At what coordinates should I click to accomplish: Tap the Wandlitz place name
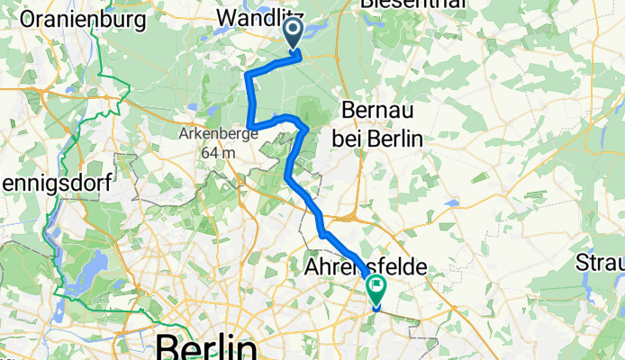[x=260, y=17]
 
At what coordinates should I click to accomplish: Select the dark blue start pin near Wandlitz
[x=294, y=33]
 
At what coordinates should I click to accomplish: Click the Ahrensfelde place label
[x=365, y=267]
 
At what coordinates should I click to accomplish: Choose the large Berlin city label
[x=205, y=346]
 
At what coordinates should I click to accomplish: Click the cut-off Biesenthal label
[x=413, y=4]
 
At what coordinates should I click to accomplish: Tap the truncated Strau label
[x=601, y=264]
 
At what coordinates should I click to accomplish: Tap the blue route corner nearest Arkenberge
[x=249, y=124]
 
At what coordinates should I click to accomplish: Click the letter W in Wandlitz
[x=228, y=17]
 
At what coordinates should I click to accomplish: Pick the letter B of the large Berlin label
[x=168, y=346]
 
